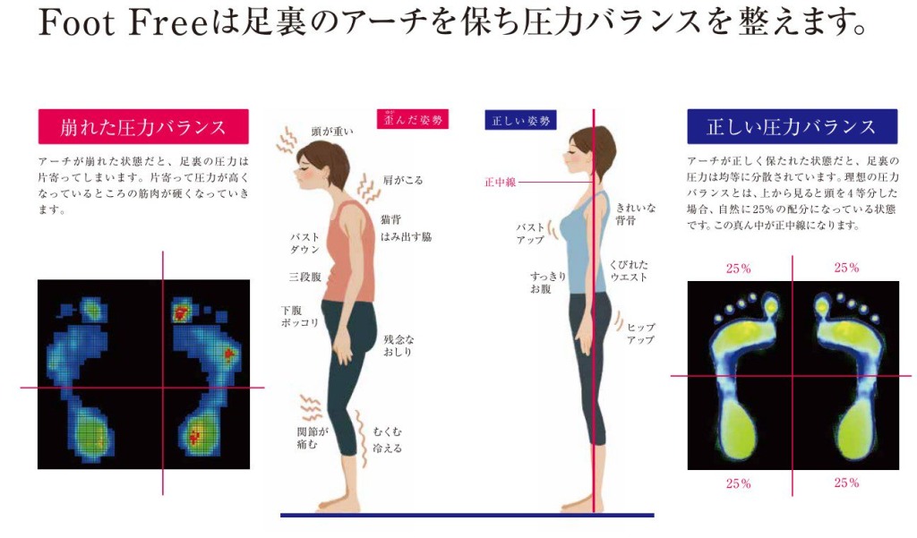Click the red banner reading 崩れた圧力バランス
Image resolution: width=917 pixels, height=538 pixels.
pyautogui.click(x=143, y=126)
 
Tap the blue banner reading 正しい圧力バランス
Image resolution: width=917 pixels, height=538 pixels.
pyautogui.click(x=792, y=126)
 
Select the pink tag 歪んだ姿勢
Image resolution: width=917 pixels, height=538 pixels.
pyautogui.click(x=413, y=119)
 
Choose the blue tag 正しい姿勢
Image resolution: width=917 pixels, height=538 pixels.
pyautogui.click(x=520, y=121)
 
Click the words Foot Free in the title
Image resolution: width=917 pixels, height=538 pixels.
pyautogui.click(x=123, y=24)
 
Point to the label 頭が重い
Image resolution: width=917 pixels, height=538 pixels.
pyautogui.click(x=332, y=132)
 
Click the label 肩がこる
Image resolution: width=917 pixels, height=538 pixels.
pyautogui.click(x=402, y=180)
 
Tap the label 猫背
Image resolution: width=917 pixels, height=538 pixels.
pyautogui.click(x=390, y=219)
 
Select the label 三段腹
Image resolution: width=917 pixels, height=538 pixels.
pyautogui.click(x=304, y=277)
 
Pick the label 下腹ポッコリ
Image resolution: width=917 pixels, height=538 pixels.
pyautogui.click(x=299, y=316)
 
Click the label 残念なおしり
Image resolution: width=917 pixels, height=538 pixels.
pyautogui.click(x=399, y=346)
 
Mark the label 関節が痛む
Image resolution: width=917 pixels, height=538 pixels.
pyautogui.click(x=313, y=438)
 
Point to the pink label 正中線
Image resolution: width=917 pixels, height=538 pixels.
pyautogui.click(x=500, y=183)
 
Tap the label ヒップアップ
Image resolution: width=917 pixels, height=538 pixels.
pyautogui.click(x=641, y=333)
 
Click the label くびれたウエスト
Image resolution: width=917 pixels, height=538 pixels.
pyautogui.click(x=629, y=270)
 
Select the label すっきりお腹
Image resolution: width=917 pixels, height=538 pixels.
pyautogui.click(x=548, y=283)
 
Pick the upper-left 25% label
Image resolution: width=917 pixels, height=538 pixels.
pyautogui.click(x=738, y=269)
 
